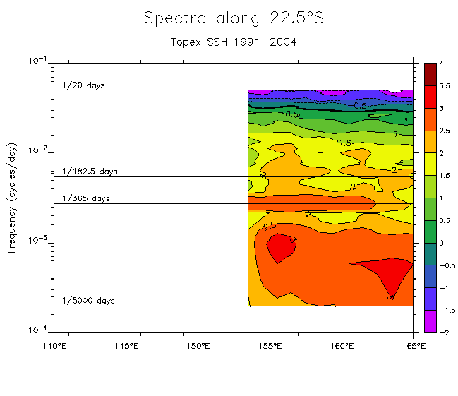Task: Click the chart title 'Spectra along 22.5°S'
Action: click(234, 18)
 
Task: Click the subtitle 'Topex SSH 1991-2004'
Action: click(234, 42)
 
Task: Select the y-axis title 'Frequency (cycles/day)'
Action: click(12, 196)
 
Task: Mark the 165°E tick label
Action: click(414, 345)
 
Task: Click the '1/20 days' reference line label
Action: click(83, 85)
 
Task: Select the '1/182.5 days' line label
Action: click(90, 172)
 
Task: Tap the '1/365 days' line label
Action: click(86, 198)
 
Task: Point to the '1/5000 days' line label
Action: click(88, 301)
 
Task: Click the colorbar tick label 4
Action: click(441, 64)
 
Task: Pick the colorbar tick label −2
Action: click(441, 332)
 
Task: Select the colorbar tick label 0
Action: click(441, 243)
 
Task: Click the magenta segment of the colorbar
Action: click(430, 321)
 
